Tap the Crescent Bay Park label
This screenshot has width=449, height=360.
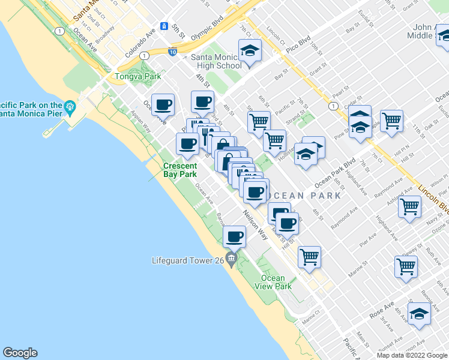coord(180,170)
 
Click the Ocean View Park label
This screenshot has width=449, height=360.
coord(277,282)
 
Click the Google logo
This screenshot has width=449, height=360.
coord(20,353)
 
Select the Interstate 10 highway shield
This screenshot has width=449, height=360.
coord(173,52)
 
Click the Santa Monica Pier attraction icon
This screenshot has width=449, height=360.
coord(70,106)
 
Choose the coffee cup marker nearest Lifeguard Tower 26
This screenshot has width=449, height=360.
coord(235,238)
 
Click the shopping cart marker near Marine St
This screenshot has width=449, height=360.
coord(309,257)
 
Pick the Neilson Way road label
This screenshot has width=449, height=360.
coord(256,225)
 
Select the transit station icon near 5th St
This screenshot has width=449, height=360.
coord(163,27)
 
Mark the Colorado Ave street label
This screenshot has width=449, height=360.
coord(138,44)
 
